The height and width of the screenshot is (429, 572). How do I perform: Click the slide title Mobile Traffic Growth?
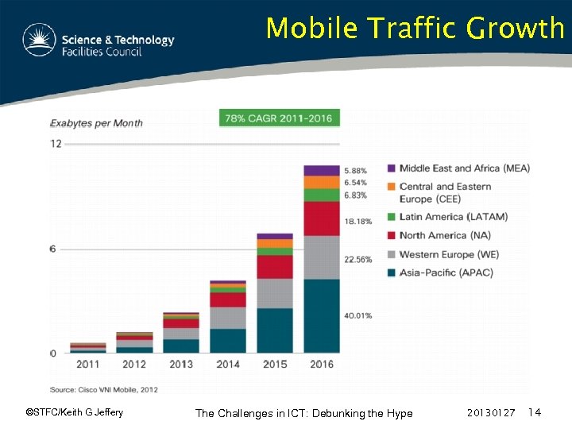(x=415, y=29)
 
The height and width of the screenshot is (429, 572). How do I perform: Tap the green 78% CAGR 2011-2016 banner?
(x=280, y=118)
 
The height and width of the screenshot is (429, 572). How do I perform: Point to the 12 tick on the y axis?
(x=56, y=144)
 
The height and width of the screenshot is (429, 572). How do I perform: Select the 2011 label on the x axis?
(x=87, y=365)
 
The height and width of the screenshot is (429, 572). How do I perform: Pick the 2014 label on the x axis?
(x=228, y=365)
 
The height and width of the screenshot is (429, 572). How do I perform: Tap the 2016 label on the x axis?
(x=321, y=365)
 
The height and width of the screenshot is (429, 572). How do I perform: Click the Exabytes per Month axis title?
(x=97, y=123)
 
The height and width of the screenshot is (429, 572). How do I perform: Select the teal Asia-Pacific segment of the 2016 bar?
(x=321, y=315)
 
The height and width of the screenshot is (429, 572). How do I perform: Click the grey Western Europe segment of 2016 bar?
(x=321, y=257)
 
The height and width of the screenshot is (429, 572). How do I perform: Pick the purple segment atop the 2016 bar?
(x=321, y=170)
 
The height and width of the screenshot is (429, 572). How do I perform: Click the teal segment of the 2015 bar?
(x=274, y=330)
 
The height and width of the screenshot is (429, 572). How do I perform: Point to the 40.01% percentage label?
(x=357, y=315)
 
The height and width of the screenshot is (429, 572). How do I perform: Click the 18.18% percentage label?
(x=357, y=222)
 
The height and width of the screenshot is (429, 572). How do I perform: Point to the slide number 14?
(x=534, y=412)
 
